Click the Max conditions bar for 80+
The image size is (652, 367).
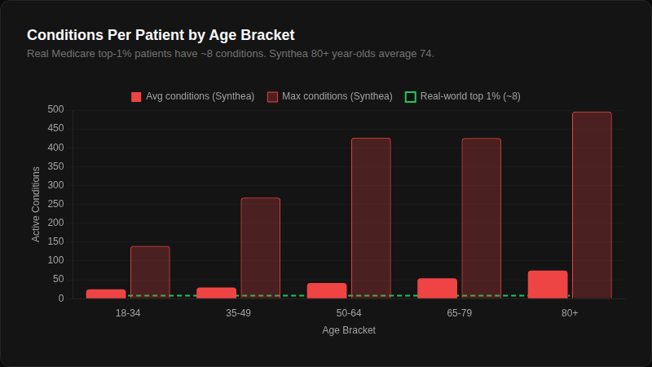point(592,205)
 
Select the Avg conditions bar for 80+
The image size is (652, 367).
point(548,285)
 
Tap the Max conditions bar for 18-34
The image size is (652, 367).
point(150,272)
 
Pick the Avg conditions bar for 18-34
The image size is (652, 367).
point(106,294)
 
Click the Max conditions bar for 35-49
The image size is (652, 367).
point(260,248)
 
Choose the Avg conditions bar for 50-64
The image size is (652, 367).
point(327,290)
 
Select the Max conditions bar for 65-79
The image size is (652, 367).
point(481,218)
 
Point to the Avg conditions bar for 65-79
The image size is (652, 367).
point(437,288)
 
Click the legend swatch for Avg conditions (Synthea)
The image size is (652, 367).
point(136,97)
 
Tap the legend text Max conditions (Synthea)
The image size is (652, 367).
point(337,96)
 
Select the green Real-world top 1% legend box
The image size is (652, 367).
point(411,97)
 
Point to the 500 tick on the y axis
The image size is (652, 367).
point(55,109)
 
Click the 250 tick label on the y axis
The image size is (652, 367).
point(55,204)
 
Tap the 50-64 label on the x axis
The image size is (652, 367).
point(349,314)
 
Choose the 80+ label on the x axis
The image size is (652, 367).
point(570,314)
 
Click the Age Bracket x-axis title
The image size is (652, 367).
point(349,330)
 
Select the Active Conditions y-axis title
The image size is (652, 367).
point(36,204)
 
